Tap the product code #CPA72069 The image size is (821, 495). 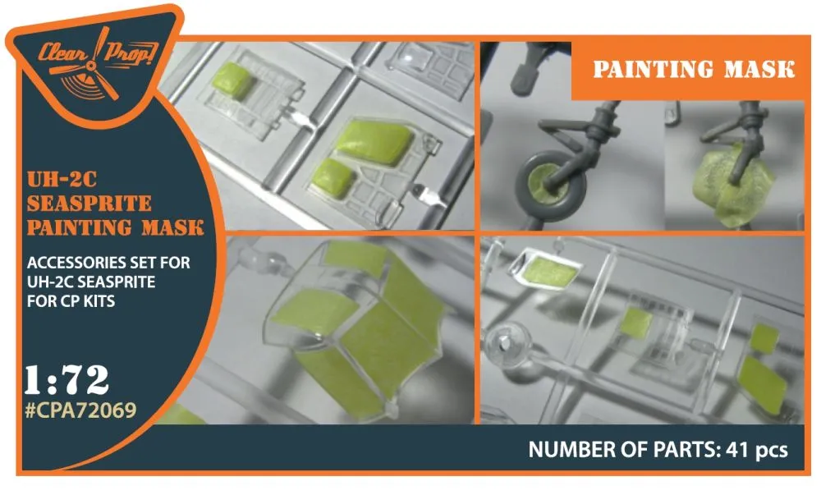[81, 410]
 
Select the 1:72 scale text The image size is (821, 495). [67, 379]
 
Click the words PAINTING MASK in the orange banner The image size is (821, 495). [693, 70]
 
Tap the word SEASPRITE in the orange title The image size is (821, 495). [89, 204]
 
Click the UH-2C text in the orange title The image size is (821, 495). [62, 180]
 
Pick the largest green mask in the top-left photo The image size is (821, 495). [374, 141]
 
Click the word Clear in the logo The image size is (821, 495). [64, 53]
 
